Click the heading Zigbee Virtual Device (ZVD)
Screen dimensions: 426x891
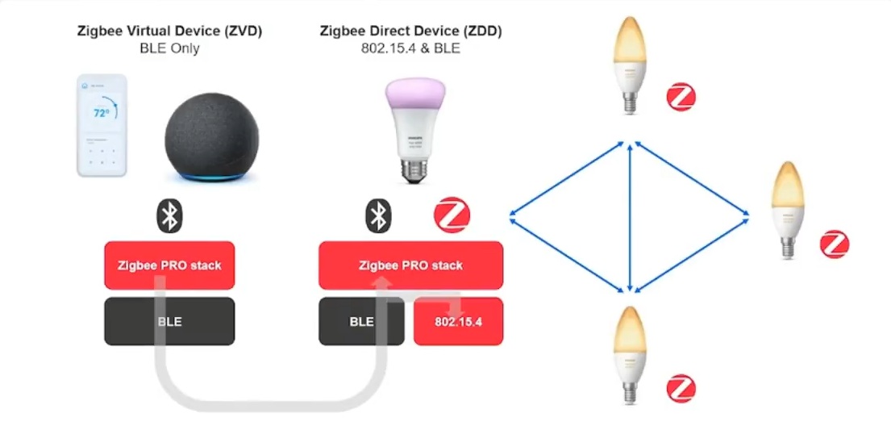(169, 31)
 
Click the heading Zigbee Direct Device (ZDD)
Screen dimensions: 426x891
(411, 31)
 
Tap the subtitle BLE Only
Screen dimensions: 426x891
(169, 48)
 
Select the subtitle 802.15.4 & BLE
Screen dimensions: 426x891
(411, 48)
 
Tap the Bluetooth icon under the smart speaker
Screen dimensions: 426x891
(169, 215)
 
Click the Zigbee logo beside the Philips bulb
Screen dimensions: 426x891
(452, 216)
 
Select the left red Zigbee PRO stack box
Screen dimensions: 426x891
(169, 265)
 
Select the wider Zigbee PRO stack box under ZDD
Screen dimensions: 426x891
(411, 265)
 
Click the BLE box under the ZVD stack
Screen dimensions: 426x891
(169, 322)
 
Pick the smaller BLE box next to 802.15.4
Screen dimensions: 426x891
(361, 322)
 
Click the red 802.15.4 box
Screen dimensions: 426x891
(458, 322)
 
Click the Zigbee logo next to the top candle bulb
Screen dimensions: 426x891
(681, 99)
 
